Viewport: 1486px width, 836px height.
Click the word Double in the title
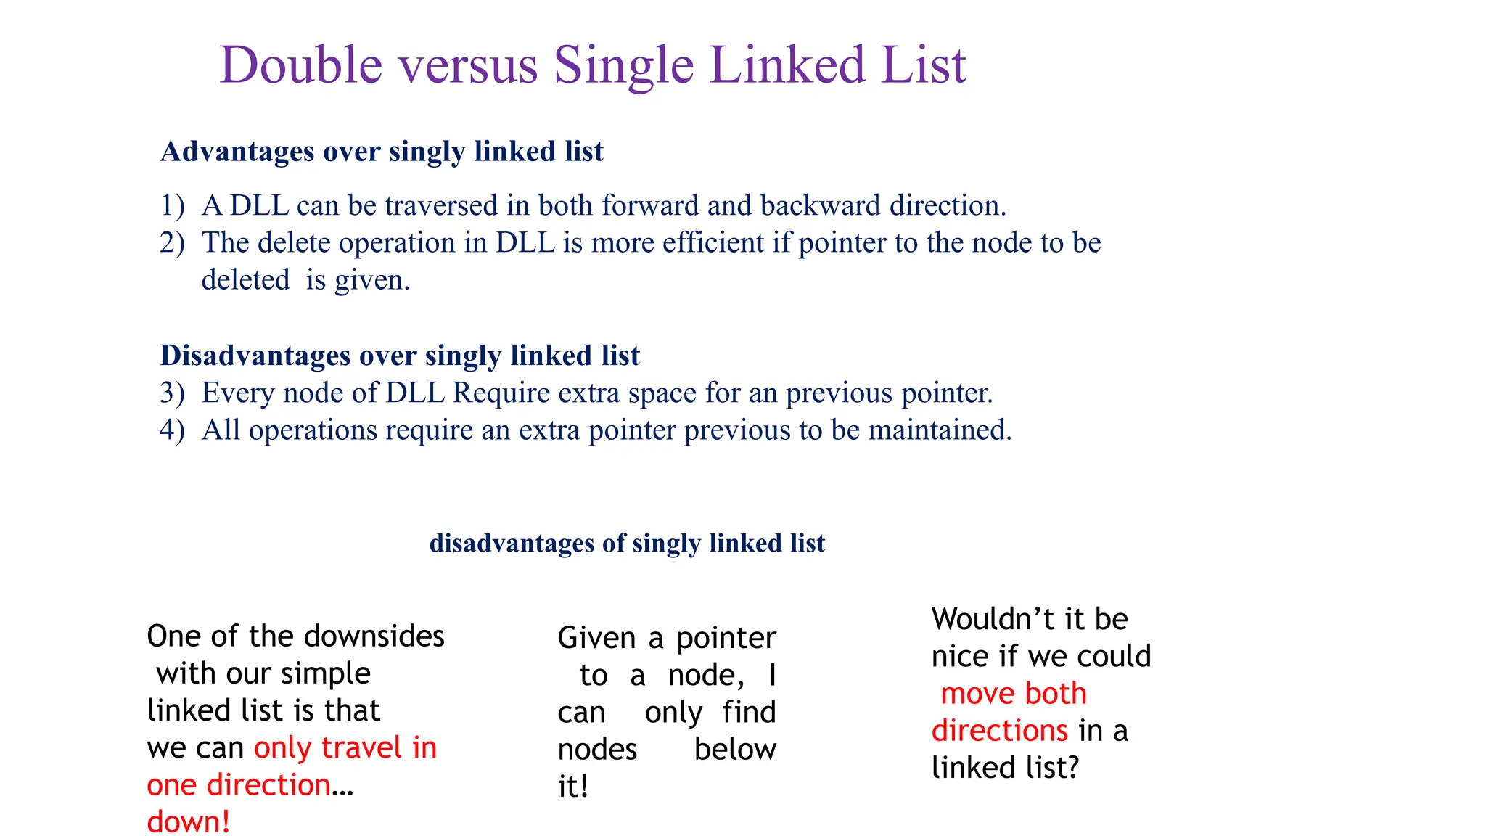click(301, 65)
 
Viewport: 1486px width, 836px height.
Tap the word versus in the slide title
click(468, 65)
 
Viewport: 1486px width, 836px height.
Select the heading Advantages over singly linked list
click(382, 152)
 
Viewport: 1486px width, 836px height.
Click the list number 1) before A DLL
click(173, 206)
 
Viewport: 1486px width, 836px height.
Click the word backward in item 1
click(820, 206)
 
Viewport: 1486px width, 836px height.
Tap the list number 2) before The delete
click(173, 243)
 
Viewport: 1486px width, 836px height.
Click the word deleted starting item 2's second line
click(245, 280)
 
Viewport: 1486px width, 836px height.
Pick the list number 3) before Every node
click(173, 393)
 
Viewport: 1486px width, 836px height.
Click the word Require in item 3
click(501, 393)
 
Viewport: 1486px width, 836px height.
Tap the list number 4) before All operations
click(173, 430)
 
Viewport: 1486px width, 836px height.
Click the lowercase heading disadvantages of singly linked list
click(627, 544)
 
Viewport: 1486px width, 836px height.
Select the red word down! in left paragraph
click(189, 822)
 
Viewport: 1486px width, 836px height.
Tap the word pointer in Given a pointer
click(726, 639)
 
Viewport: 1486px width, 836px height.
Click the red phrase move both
click(1014, 694)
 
